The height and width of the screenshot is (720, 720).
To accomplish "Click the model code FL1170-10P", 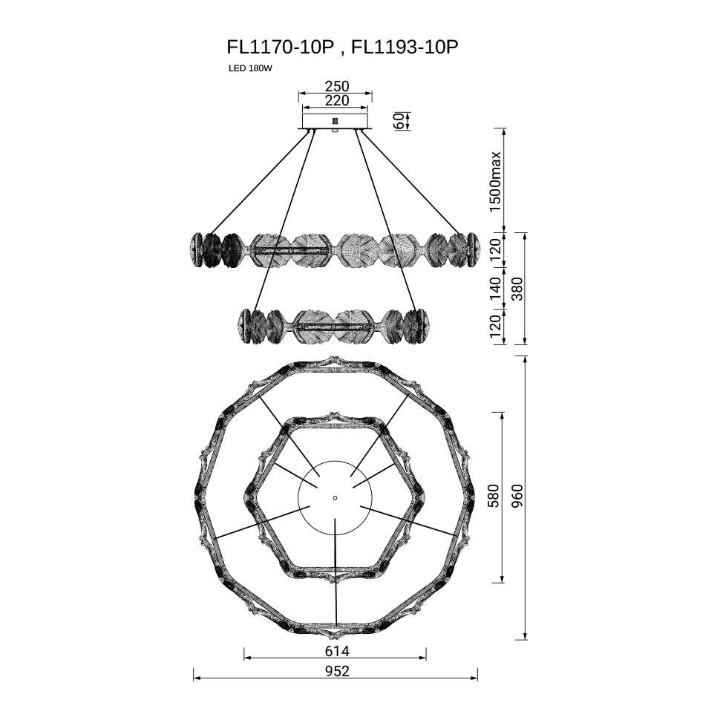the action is [x=280, y=47].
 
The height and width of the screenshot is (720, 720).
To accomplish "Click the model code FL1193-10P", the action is [x=405, y=47].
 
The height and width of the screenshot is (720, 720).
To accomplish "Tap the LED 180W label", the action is [x=250, y=69].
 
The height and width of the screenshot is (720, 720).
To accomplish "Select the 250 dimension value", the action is [x=337, y=86].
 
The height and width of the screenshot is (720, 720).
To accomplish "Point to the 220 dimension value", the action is [x=337, y=100].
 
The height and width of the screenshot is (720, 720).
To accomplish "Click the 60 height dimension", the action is [x=399, y=121].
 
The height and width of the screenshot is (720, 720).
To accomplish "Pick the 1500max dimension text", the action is [x=495, y=181].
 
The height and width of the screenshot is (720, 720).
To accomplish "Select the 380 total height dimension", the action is [x=517, y=288].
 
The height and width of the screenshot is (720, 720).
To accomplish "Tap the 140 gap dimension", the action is [x=495, y=288].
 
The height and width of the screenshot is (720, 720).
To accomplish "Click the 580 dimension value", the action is [x=493, y=495].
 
